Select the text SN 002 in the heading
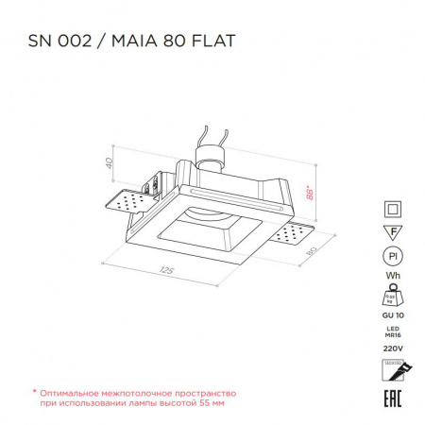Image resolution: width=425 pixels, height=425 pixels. pyautogui.click(x=59, y=42)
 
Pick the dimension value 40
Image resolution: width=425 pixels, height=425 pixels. pyautogui.click(x=109, y=161)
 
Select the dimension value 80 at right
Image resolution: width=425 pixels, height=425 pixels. pyautogui.click(x=312, y=252)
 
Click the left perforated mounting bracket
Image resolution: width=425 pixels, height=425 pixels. pyautogui.click(x=122, y=199)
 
